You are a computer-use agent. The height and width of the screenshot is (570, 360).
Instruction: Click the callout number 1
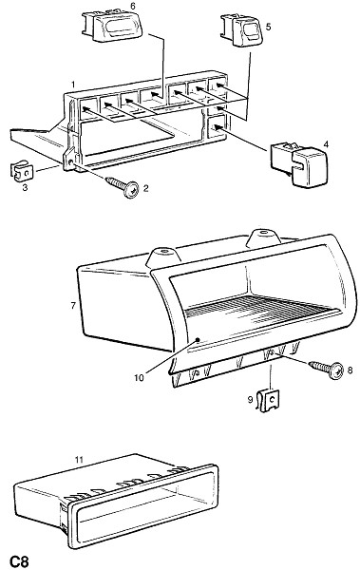tap(73, 85)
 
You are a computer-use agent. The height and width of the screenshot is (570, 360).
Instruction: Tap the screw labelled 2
tap(123, 186)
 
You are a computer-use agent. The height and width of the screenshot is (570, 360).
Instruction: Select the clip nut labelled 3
tap(22, 172)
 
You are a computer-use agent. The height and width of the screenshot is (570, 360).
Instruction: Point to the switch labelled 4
tap(299, 164)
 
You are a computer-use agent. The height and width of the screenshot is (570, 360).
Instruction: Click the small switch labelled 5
tap(242, 30)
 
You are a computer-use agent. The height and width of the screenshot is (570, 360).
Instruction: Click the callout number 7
tap(73, 306)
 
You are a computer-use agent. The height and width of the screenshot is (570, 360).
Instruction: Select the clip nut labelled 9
tap(268, 400)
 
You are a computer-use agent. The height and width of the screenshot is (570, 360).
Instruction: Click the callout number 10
tap(139, 378)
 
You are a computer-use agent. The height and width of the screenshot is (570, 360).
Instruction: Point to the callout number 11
tap(79, 460)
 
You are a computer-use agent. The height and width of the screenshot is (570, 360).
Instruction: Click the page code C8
tap(19, 561)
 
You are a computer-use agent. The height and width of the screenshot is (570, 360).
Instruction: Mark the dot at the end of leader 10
tap(198, 340)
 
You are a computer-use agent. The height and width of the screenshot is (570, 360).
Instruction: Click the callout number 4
tap(326, 144)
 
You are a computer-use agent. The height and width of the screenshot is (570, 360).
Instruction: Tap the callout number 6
tap(132, 7)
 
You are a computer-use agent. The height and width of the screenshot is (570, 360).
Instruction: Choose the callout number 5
tap(269, 27)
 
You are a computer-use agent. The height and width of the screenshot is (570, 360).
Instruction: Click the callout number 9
tap(250, 400)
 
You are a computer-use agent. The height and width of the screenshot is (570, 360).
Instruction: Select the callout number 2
tap(145, 188)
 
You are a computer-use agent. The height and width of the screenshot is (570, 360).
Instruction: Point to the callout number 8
tap(350, 370)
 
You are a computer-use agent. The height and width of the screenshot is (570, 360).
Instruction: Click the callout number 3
tap(25, 188)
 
